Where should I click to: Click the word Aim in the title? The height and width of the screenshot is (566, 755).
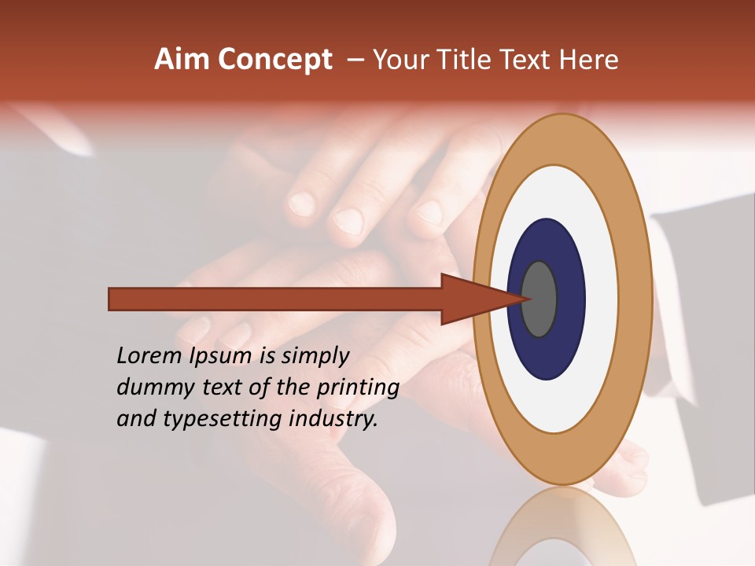(x=182, y=60)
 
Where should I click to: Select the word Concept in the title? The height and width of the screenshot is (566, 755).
(x=274, y=61)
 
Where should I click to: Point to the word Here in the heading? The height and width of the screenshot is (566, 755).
(x=590, y=60)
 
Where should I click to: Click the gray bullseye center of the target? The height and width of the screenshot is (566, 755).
(x=540, y=300)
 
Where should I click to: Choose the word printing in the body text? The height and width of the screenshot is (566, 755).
(x=358, y=388)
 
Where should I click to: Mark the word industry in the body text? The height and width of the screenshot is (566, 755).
(x=330, y=419)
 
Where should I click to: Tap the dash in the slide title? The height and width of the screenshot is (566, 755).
(x=355, y=61)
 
